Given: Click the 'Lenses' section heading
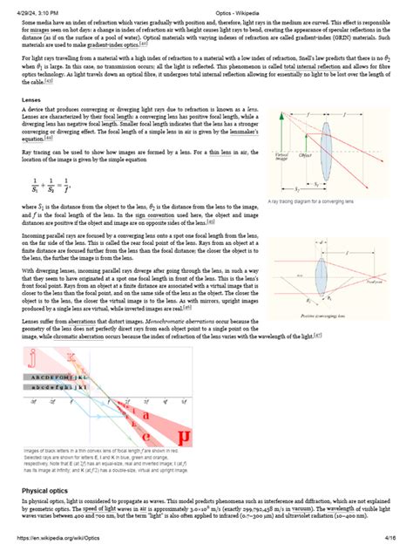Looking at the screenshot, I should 32,125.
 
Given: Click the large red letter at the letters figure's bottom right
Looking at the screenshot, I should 181,435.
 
